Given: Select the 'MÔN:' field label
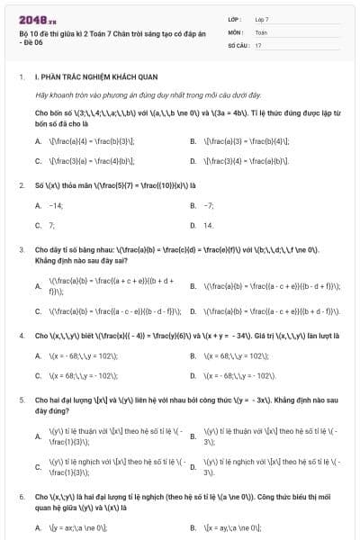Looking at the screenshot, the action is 235,31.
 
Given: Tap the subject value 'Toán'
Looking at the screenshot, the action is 261,31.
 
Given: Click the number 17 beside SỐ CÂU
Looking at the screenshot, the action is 258,44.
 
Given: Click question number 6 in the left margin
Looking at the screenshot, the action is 21,496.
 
